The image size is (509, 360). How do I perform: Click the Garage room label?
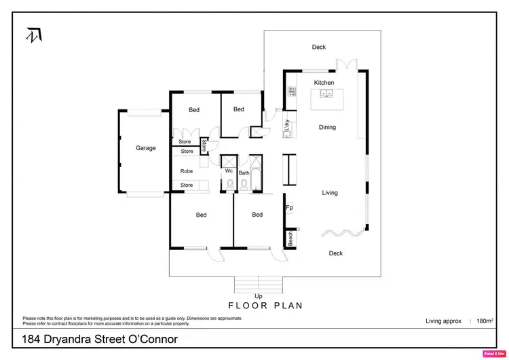(x=145, y=148)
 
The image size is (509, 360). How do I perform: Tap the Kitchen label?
(x=324, y=83)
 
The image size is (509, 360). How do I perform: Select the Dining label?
(x=327, y=127)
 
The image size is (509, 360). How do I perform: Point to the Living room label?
(x=329, y=193)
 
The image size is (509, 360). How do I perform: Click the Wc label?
(x=229, y=170)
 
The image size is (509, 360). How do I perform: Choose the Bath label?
(x=244, y=173)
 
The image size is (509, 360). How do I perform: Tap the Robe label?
(x=186, y=171)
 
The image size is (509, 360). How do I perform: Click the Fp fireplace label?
(x=289, y=208)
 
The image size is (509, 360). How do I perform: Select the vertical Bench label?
(x=290, y=238)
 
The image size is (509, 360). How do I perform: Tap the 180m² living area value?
(x=485, y=321)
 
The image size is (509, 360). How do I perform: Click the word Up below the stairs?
(x=258, y=296)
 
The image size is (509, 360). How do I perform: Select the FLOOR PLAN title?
(x=265, y=306)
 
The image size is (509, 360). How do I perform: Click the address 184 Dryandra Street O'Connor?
(x=100, y=338)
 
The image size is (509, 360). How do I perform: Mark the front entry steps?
(x=258, y=284)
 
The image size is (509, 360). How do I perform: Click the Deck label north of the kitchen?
(x=319, y=47)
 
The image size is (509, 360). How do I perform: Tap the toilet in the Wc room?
(x=229, y=183)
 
